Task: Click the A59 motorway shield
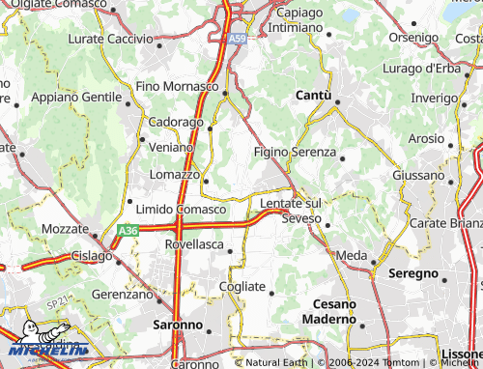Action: (237, 39)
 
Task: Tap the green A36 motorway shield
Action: (128, 231)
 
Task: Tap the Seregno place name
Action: (413, 273)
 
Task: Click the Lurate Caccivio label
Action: (110, 41)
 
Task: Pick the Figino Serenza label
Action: (295, 153)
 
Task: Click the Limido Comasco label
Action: (181, 210)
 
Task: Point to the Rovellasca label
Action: (194, 245)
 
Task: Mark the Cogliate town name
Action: (241, 287)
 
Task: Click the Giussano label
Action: (418, 175)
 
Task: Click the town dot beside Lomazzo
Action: (206, 178)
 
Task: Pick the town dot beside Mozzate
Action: (94, 236)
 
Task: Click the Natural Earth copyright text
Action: (277, 363)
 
